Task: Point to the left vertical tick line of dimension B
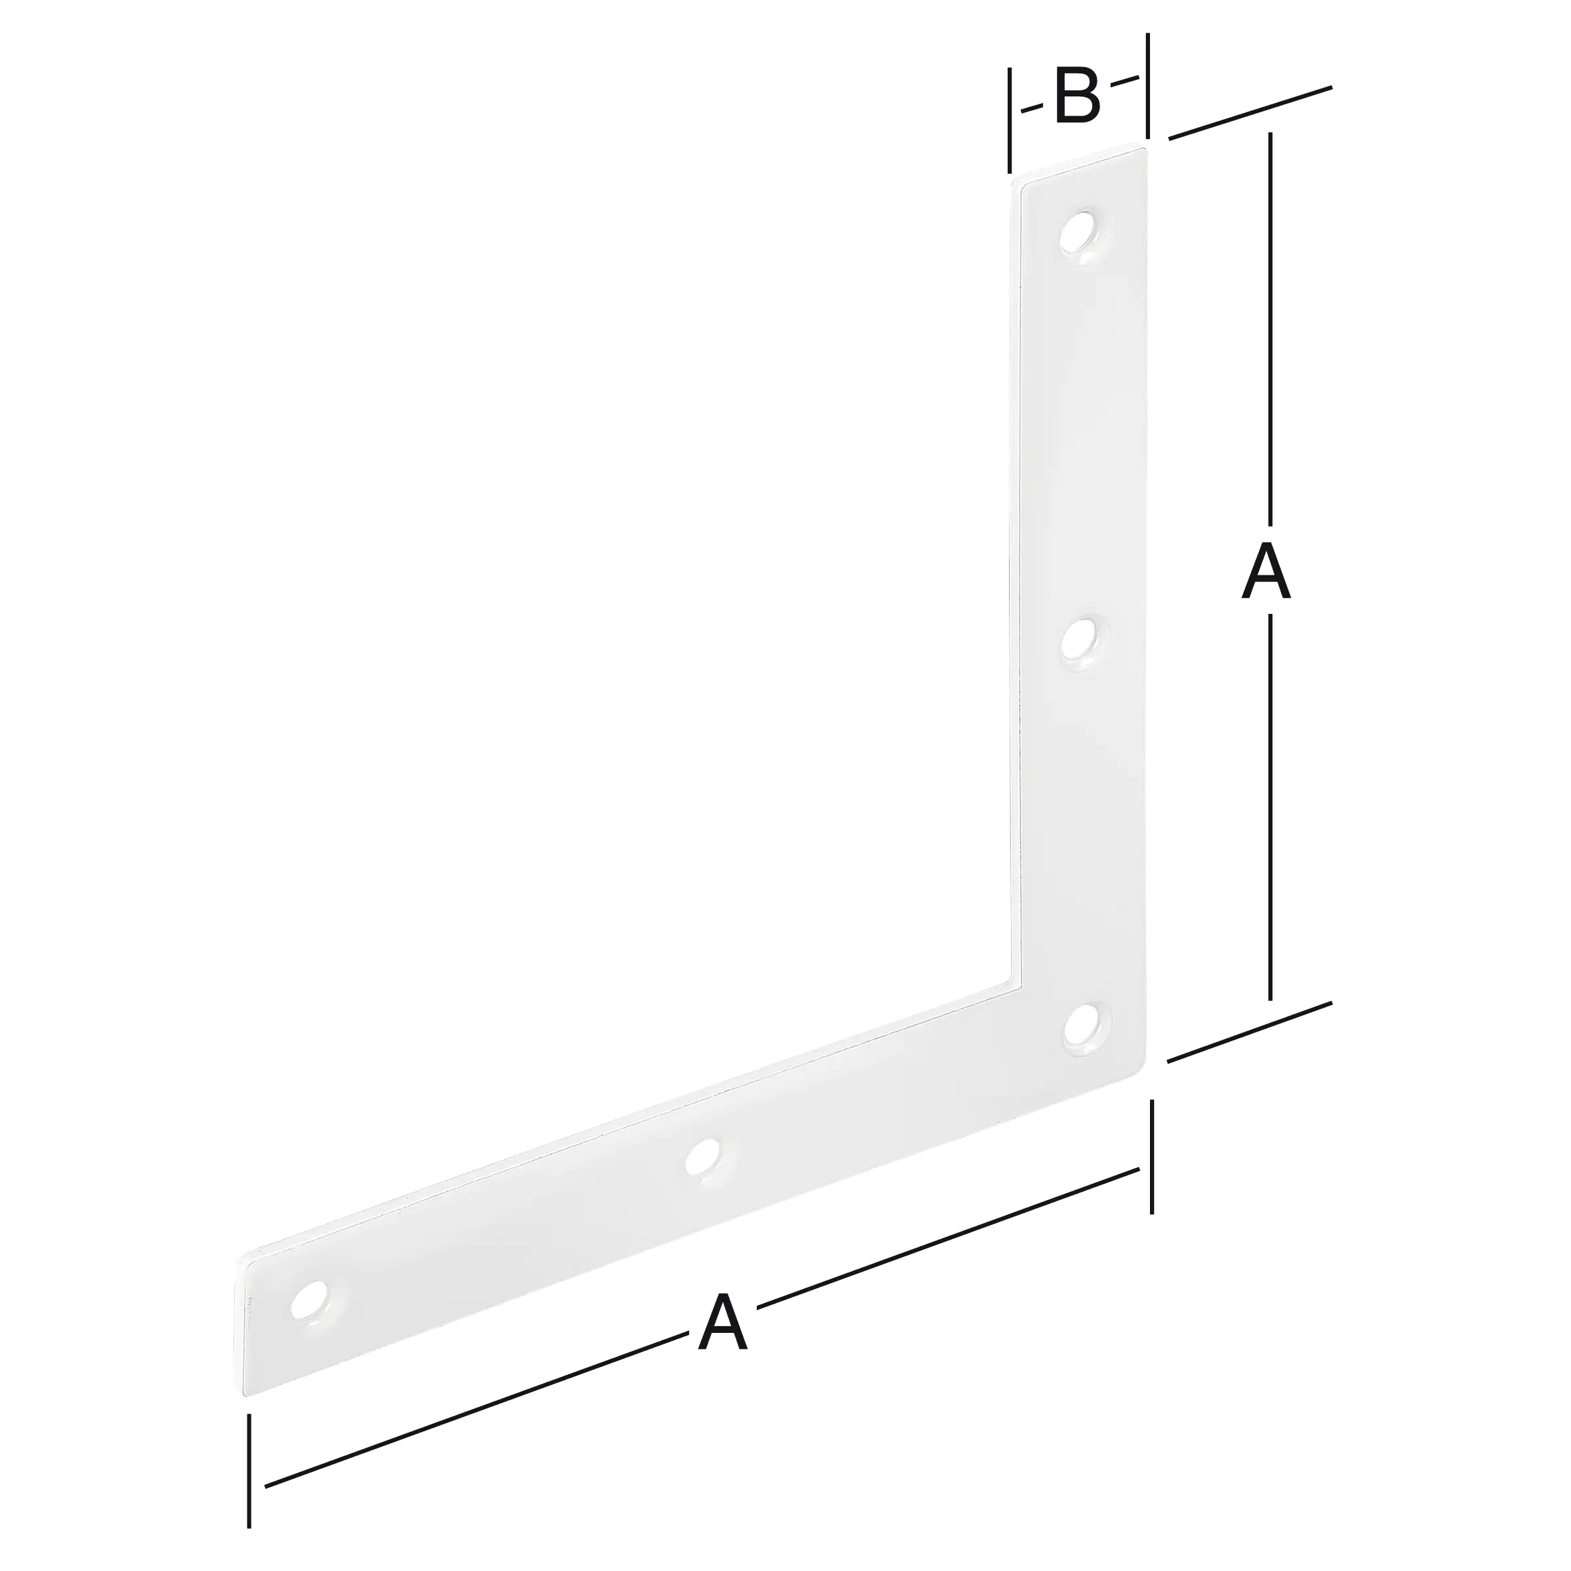coord(1010,120)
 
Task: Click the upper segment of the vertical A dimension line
coord(1270,325)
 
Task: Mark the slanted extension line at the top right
coord(1250,113)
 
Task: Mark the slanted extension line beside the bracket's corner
coord(1250,1032)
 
